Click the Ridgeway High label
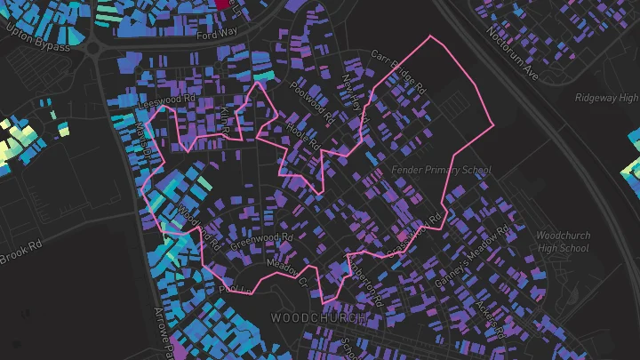pos(605,98)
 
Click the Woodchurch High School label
pos(563,242)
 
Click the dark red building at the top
pos(222,4)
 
